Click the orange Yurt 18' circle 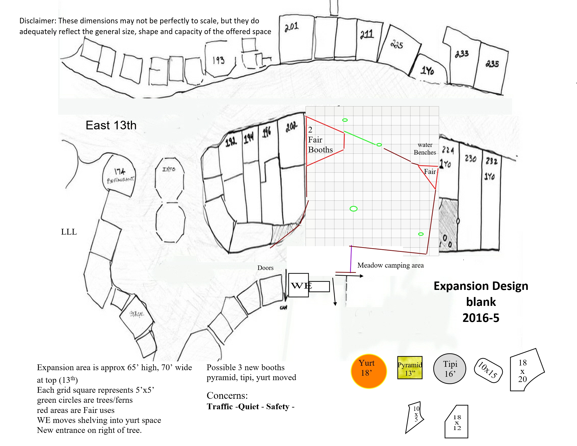pyautogui.click(x=368, y=371)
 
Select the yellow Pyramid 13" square pyautogui.click(x=410, y=368)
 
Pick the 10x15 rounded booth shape pyautogui.click(x=488, y=370)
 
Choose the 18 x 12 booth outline pyautogui.click(x=457, y=422)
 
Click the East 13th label pyautogui.click(x=111, y=125)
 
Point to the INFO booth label pyautogui.click(x=169, y=169)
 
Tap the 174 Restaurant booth pyautogui.click(x=119, y=175)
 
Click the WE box pyautogui.click(x=299, y=285)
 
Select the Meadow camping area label pyautogui.click(x=390, y=265)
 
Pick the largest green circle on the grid pyautogui.click(x=354, y=209)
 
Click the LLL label pyautogui.click(x=69, y=232)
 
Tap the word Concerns pyautogui.click(x=227, y=395)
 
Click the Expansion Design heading pyautogui.click(x=481, y=286)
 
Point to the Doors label pyautogui.click(x=265, y=268)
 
